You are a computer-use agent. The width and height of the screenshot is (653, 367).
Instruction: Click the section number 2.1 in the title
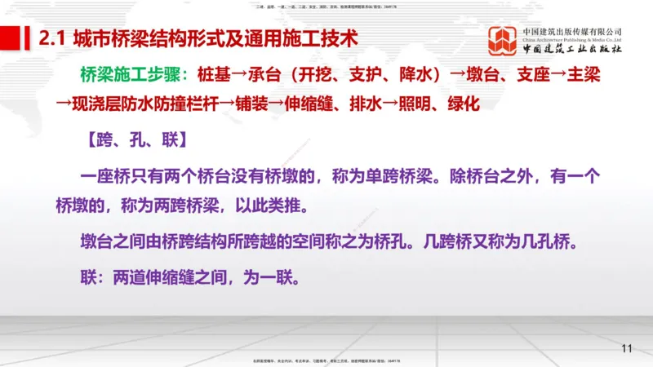(52, 38)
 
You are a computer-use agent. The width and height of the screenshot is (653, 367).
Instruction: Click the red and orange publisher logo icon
(503, 39)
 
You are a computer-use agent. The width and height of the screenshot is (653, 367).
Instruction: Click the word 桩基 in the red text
(214, 74)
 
